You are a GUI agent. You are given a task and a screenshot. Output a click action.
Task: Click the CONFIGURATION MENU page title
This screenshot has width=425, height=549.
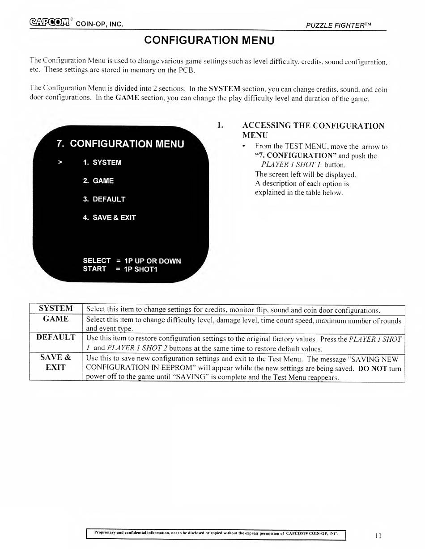(x=209, y=40)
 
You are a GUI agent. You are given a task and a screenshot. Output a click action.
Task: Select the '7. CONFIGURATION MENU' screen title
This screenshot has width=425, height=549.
(x=120, y=144)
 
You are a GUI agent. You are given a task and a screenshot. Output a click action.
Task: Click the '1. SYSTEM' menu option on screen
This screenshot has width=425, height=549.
(x=102, y=163)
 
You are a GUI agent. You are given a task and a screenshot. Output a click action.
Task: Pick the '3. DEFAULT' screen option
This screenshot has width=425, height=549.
(x=104, y=199)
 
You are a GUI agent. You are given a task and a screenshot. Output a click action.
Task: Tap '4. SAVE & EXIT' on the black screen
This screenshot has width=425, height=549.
(x=109, y=218)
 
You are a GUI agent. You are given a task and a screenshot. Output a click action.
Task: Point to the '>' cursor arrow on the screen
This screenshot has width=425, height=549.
(x=59, y=163)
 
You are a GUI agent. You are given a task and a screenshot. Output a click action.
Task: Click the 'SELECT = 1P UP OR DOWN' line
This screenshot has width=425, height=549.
(x=132, y=261)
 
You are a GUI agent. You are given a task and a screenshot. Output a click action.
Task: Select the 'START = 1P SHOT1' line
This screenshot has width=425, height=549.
(x=120, y=269)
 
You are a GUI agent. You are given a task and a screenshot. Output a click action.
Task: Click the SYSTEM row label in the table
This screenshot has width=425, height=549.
(x=55, y=308)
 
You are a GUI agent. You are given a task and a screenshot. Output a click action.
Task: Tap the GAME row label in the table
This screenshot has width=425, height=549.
(x=55, y=319)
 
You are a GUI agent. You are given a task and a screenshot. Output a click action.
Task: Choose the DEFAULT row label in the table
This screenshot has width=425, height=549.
(x=55, y=337)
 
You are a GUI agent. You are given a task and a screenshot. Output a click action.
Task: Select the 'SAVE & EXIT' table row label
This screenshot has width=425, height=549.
(x=55, y=362)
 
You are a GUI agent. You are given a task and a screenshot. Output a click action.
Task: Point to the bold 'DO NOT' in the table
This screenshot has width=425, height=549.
(x=370, y=369)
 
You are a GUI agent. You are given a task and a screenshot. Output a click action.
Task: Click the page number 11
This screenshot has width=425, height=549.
(x=378, y=535)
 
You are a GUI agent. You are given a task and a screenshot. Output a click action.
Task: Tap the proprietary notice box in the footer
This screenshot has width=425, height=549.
(x=216, y=533)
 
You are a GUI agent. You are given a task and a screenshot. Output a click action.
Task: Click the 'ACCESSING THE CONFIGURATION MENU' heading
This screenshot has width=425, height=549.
(x=313, y=130)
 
